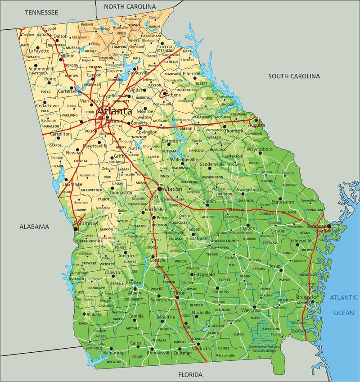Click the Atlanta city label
114,111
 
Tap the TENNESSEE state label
41,13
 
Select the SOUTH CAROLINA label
294,76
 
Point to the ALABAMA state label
34,227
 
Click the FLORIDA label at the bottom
190,374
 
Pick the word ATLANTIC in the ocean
344,297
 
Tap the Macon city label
172,189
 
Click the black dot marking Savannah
329,226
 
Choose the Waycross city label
251,310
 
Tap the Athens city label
173,95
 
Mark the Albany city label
135,293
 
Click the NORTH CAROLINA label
130,7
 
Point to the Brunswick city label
307,297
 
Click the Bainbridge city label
114,353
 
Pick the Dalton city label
60,36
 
